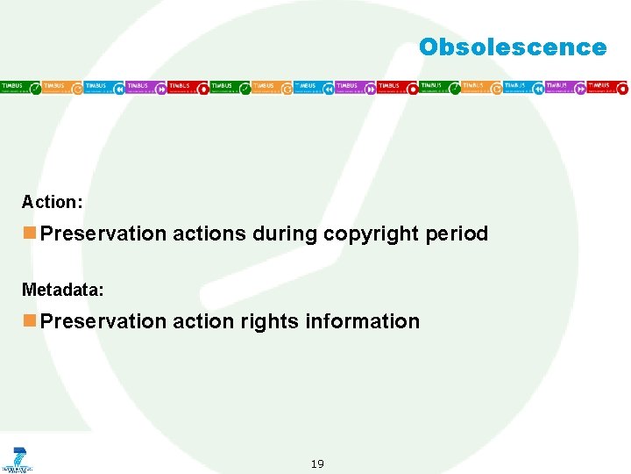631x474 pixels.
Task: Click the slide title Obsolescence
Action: tap(512, 47)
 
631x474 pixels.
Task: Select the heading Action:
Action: tap(53, 202)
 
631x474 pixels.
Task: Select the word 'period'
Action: tap(457, 233)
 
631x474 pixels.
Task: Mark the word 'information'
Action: tap(363, 321)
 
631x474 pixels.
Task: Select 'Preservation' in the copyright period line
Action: tap(103, 233)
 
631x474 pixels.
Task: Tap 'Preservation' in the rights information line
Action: tap(103, 321)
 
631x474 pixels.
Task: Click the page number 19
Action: tap(317, 463)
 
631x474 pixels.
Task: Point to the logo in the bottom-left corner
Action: tap(17, 459)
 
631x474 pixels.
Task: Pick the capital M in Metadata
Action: tap(28, 290)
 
